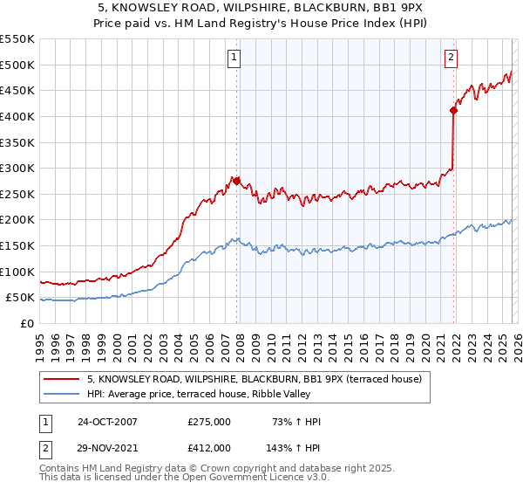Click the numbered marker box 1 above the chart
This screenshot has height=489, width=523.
tap(235, 59)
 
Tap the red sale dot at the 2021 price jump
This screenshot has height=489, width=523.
tap(453, 110)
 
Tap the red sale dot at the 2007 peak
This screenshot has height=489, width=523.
tap(236, 181)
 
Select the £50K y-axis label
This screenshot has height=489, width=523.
tap(19, 298)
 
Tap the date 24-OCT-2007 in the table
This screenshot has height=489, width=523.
tap(107, 422)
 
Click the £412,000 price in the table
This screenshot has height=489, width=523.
tap(209, 447)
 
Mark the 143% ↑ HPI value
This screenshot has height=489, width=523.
tap(294, 447)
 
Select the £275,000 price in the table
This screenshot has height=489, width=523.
tap(209, 422)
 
